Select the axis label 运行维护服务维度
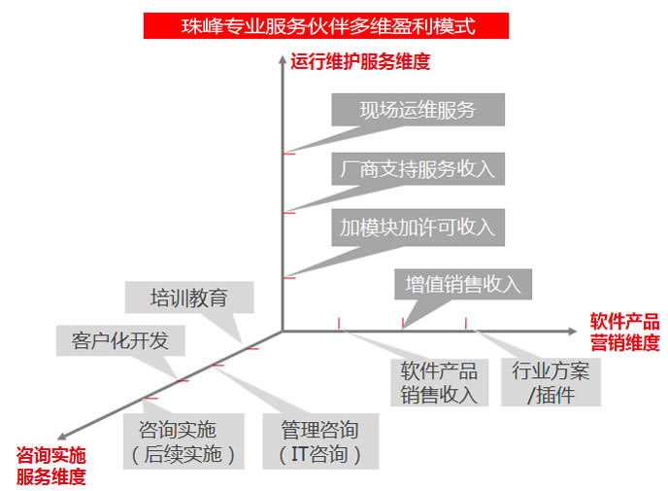[360, 62]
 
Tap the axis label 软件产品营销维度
[624, 332]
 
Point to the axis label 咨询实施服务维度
[50, 466]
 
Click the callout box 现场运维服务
[417, 110]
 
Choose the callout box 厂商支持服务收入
[417, 168]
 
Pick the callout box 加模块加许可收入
[417, 227]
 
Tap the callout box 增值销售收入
[463, 284]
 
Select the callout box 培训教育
[188, 298]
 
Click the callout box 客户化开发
[120, 340]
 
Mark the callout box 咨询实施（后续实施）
[184, 441]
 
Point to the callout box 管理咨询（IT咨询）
[319, 441]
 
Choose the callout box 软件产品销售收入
[440, 382]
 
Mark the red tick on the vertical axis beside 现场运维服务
[287, 154]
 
